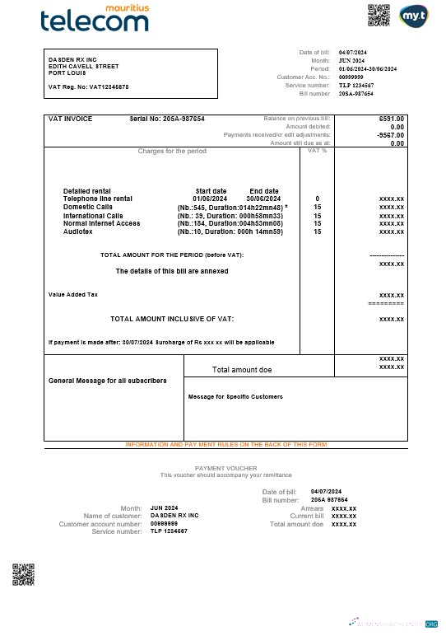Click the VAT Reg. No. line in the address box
pyautogui.click(x=88, y=87)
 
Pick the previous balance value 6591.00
pyautogui.click(x=392, y=119)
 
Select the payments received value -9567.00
pyautogui.click(x=390, y=135)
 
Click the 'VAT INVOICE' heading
pyautogui.click(x=71, y=119)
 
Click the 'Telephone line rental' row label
pyautogui.click(x=97, y=199)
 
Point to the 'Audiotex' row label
pyautogui.click(x=78, y=231)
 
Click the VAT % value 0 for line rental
pyautogui.click(x=317, y=199)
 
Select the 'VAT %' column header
pyautogui.click(x=317, y=151)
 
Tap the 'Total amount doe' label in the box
pyautogui.click(x=242, y=370)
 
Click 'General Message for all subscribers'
pyautogui.click(x=108, y=381)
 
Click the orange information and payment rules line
pyautogui.click(x=225, y=444)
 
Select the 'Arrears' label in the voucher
pyautogui.click(x=312, y=508)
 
